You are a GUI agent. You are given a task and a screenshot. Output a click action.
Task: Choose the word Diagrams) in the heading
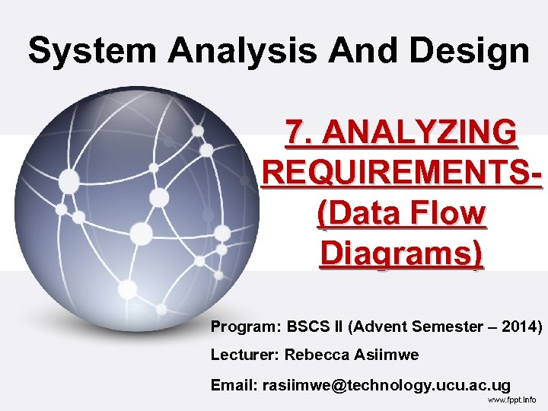pyautogui.click(x=401, y=254)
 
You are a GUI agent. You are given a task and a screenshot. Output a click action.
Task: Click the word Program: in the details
pyautogui.click(x=246, y=327)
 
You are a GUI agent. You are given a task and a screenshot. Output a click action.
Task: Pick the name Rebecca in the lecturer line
pyautogui.click(x=313, y=355)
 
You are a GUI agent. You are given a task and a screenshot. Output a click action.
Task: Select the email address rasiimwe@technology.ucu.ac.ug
pyautogui.click(x=386, y=386)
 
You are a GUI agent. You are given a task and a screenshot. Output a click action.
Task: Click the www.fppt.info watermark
pyautogui.click(x=511, y=400)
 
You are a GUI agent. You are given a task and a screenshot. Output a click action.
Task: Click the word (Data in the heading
pyautogui.click(x=357, y=215)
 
